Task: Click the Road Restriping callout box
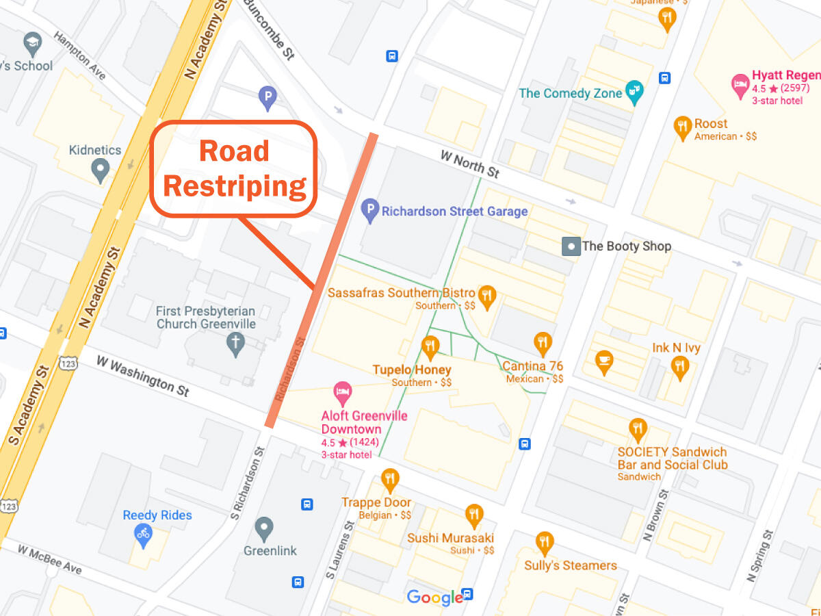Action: pos(233,169)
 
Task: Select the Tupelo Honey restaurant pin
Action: pos(430,347)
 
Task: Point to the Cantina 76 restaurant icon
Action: pos(543,342)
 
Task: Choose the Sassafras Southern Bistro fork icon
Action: pos(487,296)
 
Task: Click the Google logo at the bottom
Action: pos(434,598)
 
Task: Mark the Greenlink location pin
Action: pos(264,528)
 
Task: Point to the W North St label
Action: pos(470,164)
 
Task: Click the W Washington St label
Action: pos(142,376)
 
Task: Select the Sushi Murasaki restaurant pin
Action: pos(473,515)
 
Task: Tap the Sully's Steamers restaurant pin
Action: pos(545,543)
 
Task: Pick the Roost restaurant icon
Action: pos(682,127)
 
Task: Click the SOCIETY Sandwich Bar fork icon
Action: pos(638,429)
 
